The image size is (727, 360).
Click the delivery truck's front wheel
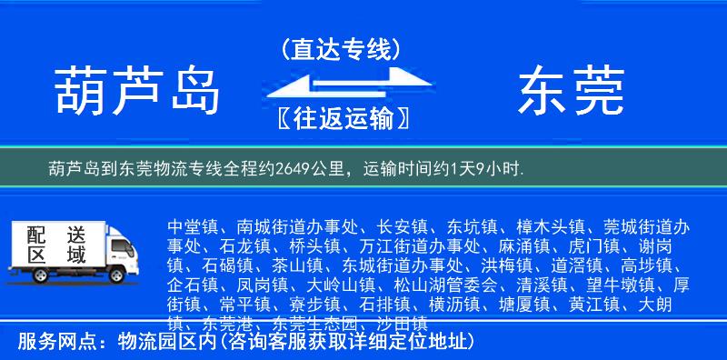pos(116,276)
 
